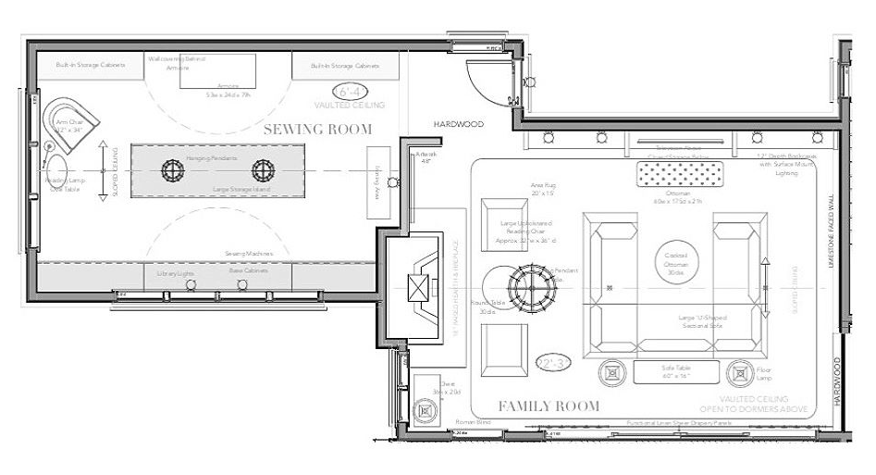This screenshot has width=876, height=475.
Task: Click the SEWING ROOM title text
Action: (317, 129)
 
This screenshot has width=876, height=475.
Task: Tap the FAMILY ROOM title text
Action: (549, 406)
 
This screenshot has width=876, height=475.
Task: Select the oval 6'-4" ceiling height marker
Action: (353, 92)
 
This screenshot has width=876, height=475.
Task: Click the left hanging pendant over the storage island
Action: (174, 170)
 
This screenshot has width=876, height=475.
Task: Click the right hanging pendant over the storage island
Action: (264, 170)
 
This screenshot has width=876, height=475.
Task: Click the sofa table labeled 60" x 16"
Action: (676, 372)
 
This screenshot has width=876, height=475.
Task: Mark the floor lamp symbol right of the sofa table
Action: (740, 373)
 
